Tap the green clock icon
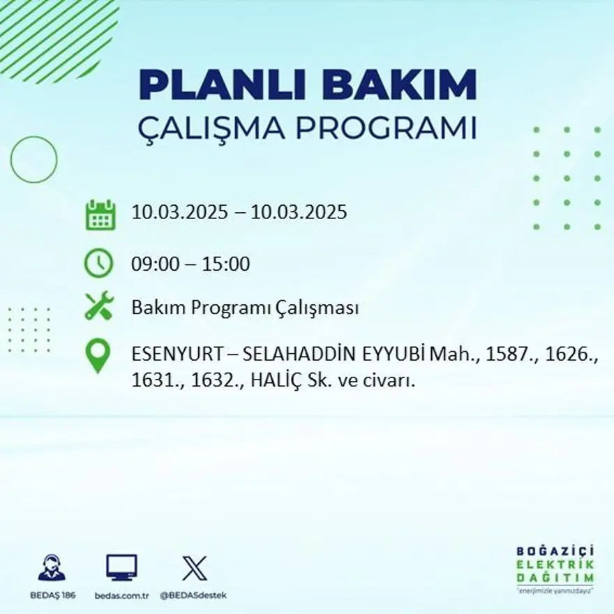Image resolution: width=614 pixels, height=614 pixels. [98, 264]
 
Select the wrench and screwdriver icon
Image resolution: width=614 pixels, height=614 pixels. [99, 307]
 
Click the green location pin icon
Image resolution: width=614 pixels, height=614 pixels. [98, 355]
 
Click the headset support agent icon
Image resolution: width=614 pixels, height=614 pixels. [52, 568]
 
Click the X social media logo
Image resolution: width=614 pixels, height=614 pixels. [194, 568]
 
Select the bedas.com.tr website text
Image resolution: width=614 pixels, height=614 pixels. [122, 595]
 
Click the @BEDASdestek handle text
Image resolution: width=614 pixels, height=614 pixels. [193, 595]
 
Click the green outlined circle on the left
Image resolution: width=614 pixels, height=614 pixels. [33, 159]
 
